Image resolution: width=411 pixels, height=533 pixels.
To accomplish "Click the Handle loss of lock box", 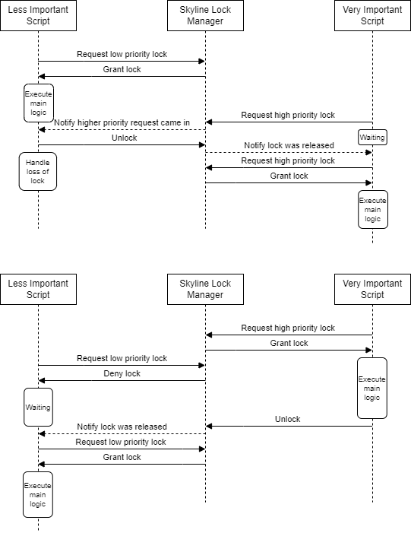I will (38, 171).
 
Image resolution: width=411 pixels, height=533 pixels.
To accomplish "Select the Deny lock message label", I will (122, 373).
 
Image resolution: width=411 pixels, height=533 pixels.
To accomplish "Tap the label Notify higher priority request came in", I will (122, 122).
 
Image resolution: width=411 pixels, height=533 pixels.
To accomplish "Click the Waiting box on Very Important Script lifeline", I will (372, 138).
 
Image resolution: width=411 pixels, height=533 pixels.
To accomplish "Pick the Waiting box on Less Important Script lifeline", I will (38, 407).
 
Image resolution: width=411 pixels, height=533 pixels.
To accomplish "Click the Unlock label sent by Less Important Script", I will (122, 138).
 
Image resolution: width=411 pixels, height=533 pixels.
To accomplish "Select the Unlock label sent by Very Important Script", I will (288, 419).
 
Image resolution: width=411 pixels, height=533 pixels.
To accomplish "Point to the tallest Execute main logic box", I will (372, 388).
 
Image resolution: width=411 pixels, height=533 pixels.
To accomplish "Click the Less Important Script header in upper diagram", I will (38, 15).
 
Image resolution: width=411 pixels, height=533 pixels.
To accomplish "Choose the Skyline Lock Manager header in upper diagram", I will (205, 15).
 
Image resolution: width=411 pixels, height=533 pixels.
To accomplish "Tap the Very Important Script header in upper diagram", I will (372, 15).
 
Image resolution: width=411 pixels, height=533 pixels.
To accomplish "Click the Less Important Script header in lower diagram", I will (38, 289).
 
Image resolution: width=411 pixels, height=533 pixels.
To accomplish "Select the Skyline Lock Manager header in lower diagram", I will (205, 289).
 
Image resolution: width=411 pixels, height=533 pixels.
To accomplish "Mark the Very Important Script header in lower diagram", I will (372, 289).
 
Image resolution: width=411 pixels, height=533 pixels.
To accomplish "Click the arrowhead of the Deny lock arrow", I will (42, 380).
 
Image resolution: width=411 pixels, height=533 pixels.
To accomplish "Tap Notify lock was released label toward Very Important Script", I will (288, 145).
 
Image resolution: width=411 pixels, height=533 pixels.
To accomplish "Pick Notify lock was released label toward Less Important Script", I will (122, 427).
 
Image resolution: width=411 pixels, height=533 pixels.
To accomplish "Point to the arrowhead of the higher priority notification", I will (42, 129).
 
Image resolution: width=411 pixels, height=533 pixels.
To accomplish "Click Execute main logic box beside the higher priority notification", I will (38, 103).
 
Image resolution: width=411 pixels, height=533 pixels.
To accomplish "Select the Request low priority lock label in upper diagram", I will (122, 54).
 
